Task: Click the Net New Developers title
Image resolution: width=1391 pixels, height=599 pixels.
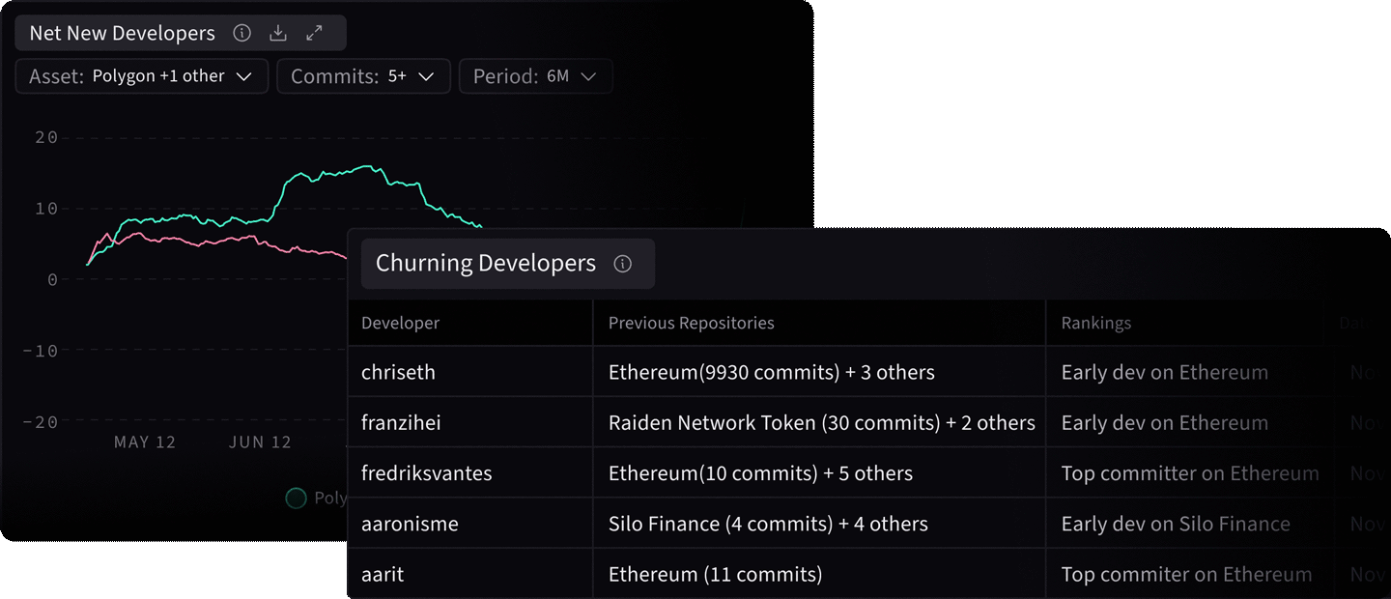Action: click(x=122, y=33)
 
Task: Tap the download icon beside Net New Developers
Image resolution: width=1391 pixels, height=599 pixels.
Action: click(x=278, y=33)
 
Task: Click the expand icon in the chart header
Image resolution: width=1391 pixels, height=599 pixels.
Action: click(x=314, y=33)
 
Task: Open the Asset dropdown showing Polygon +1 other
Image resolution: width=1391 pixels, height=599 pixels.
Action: click(x=141, y=76)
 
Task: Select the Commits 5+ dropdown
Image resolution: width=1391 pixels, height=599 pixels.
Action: click(x=363, y=76)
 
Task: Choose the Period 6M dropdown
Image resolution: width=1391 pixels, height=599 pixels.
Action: click(x=535, y=76)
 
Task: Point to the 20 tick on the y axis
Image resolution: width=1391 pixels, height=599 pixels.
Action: click(x=45, y=137)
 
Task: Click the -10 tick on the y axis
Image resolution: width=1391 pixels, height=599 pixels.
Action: click(x=41, y=351)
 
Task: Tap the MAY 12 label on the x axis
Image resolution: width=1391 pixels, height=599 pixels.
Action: click(x=145, y=442)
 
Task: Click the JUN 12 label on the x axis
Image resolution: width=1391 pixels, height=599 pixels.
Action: click(x=260, y=442)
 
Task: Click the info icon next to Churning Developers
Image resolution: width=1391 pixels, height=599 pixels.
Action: click(x=623, y=264)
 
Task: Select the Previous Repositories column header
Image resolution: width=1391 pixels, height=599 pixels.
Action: click(x=691, y=323)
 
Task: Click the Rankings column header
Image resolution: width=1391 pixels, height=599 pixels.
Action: click(x=1095, y=323)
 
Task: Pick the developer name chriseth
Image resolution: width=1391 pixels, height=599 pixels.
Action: click(x=398, y=373)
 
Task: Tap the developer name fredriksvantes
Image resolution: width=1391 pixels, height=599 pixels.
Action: click(x=426, y=473)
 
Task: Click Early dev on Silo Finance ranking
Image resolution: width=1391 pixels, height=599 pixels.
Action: click(x=1175, y=524)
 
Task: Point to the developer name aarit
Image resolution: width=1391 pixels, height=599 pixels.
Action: click(x=383, y=574)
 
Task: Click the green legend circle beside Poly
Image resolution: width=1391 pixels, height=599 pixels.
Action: click(x=296, y=499)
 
